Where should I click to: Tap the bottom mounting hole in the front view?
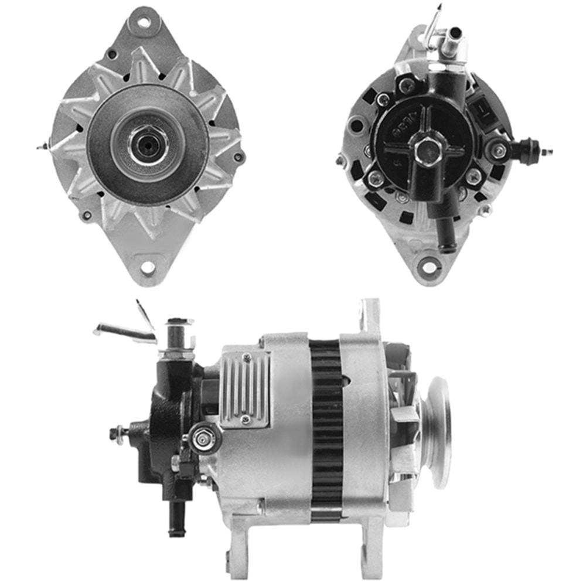tap(148, 268)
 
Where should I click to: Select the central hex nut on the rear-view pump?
tap(426, 149)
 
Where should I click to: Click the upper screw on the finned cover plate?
tap(247, 357)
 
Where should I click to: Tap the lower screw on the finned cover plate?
tap(246, 419)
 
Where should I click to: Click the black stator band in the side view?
tap(326, 431)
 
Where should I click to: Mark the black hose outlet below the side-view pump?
tap(175, 519)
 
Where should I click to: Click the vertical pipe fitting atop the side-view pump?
tap(178, 337)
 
